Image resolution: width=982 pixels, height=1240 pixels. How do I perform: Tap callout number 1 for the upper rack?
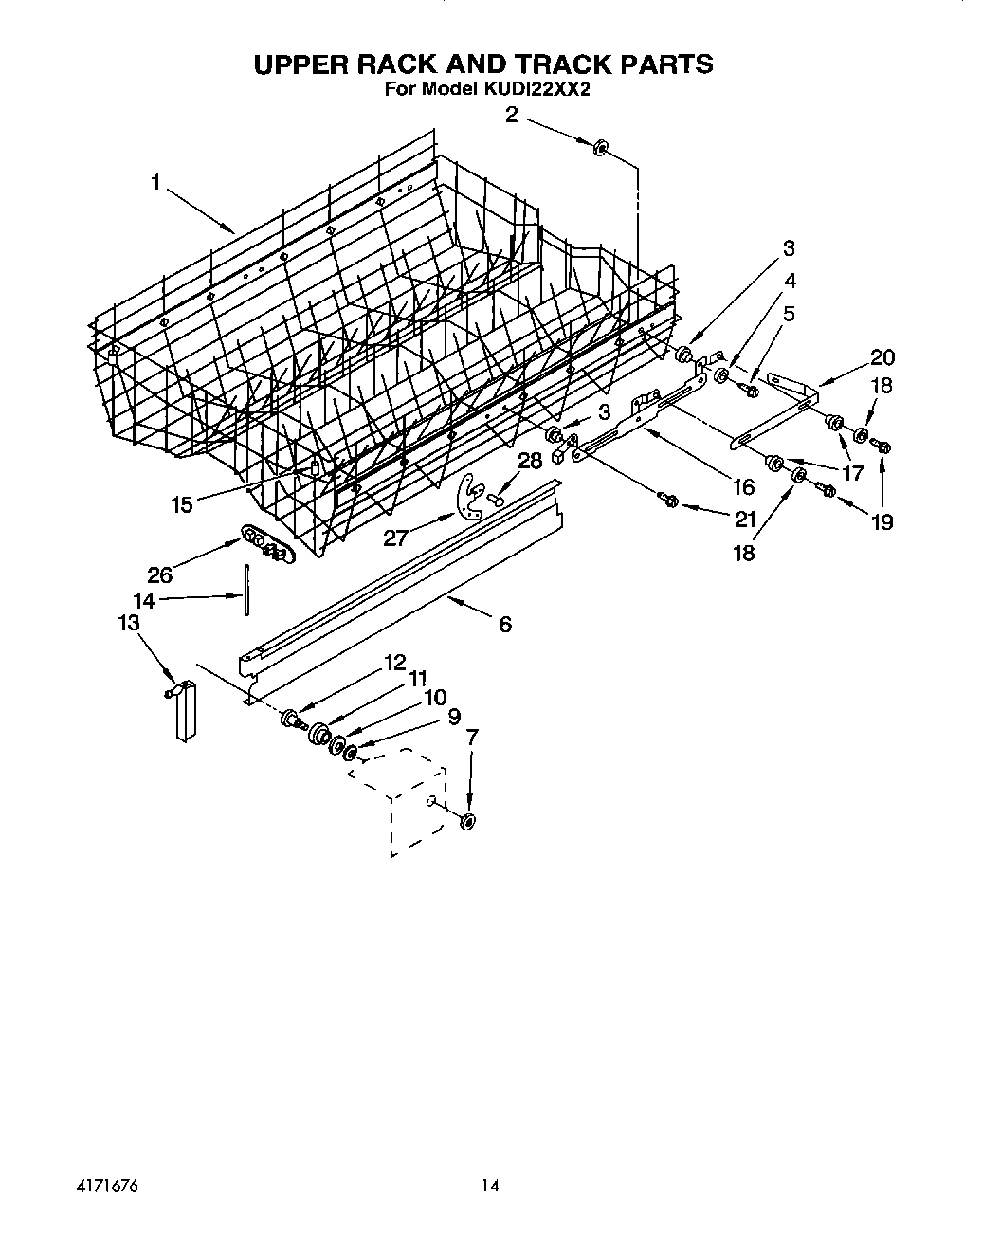point(156,182)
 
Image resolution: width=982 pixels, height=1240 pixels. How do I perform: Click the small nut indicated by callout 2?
point(600,149)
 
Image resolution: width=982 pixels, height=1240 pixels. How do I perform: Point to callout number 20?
point(882,357)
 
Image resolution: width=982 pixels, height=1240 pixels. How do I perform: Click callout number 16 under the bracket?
point(743,486)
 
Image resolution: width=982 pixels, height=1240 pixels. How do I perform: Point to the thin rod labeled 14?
point(246,591)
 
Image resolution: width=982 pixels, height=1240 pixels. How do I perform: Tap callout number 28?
point(530,462)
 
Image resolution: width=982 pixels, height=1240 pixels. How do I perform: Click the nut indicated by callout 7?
point(467,821)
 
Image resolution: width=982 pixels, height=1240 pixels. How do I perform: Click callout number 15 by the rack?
point(182,504)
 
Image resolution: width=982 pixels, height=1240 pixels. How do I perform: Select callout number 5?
point(788,314)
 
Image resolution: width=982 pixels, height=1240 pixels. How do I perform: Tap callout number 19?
point(882,521)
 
